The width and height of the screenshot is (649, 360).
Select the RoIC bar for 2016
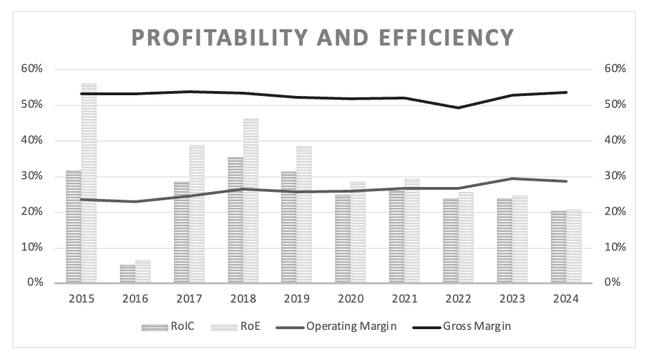pos(127,274)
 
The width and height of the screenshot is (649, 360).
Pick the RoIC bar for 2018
pos(235,220)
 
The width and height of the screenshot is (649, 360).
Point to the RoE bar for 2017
pos(197,214)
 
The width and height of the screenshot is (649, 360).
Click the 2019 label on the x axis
pos(296,298)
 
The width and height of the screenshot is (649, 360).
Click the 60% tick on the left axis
pos(32,69)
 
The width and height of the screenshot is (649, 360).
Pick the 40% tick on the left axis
pos(32,140)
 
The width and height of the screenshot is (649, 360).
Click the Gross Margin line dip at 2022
pos(458,107)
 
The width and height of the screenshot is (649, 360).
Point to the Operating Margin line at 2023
pos(512,179)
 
